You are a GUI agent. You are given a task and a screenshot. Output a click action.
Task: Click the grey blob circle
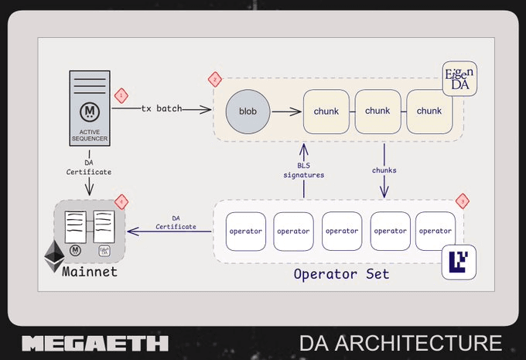point(248,111)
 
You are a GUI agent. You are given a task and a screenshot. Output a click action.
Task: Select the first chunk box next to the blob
point(326,111)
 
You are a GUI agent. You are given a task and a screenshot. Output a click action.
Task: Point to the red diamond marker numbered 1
point(120,95)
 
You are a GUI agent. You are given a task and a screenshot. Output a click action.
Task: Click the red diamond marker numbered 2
point(215,79)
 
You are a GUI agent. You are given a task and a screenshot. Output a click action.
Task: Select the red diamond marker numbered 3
point(463,201)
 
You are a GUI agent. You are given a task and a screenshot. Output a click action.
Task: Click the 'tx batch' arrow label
point(162,108)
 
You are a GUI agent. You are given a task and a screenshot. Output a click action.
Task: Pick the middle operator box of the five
point(342,231)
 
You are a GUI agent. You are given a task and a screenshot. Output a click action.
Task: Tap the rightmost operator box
point(435,231)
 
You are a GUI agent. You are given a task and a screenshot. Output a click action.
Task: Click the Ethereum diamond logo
point(55,255)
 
